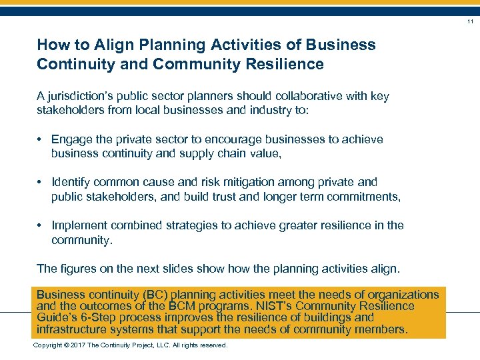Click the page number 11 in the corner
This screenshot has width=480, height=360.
[x=470, y=21]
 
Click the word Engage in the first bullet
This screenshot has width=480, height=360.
[x=72, y=139]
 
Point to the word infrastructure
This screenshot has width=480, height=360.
[x=73, y=329]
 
